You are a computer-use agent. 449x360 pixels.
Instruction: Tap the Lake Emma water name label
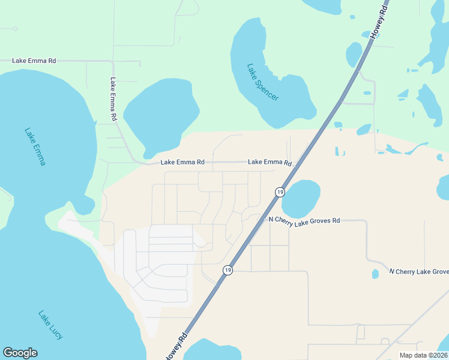point(35,146)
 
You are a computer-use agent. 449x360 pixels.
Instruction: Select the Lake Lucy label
point(50,325)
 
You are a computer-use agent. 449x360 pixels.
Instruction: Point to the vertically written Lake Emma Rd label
point(113,100)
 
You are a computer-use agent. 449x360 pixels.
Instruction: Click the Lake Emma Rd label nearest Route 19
point(270,162)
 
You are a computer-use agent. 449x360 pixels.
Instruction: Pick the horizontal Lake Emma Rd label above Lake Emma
point(35,61)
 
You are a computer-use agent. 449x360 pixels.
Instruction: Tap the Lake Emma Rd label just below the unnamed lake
point(182,163)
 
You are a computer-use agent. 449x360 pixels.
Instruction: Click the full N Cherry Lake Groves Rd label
point(304,220)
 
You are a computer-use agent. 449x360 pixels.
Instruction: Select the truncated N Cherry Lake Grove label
point(418,271)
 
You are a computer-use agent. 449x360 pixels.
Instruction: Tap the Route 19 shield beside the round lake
point(280,191)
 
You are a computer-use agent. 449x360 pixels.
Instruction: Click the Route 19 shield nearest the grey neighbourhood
point(228,271)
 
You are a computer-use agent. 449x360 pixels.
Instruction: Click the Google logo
point(20,353)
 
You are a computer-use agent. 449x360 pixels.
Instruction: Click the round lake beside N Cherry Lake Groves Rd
point(301,199)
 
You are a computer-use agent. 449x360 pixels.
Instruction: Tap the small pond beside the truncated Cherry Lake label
point(375,274)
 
